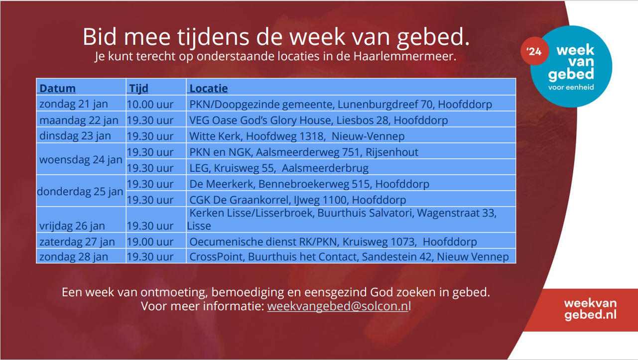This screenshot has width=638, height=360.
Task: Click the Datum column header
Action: [x=58, y=88]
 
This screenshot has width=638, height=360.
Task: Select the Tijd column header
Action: [x=139, y=88]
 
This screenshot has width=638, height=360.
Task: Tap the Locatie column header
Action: [x=209, y=88]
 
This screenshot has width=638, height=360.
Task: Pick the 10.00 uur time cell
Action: [x=150, y=104]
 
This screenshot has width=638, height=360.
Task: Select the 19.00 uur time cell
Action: [x=150, y=242]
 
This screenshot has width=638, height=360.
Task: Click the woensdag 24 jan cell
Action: [x=81, y=160]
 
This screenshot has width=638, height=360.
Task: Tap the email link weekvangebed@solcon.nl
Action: [x=339, y=306]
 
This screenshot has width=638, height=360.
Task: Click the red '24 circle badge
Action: [x=534, y=51]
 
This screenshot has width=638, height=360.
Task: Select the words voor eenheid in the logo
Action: [x=571, y=87]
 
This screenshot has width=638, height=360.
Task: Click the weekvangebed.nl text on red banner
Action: [x=590, y=309]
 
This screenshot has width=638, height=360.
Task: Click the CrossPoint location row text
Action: [x=349, y=256]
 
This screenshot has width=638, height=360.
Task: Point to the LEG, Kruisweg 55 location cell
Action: [x=279, y=168]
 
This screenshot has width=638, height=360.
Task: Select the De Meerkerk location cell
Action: [x=309, y=184]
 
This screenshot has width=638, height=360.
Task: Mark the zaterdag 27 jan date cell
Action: [x=77, y=242]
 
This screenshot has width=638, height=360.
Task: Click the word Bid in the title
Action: [x=100, y=37]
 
